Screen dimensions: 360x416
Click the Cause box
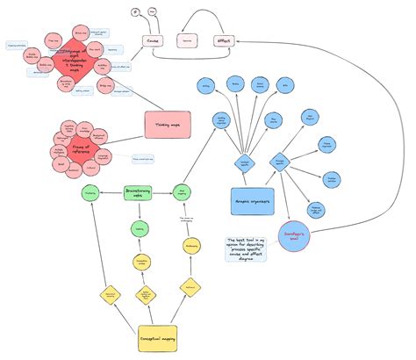(152, 40)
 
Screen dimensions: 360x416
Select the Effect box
(224, 40)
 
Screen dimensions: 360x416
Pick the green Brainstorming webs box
(139, 192)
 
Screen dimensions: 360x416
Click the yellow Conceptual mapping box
(162, 339)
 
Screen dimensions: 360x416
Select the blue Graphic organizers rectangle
(253, 200)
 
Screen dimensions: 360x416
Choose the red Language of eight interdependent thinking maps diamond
(73, 58)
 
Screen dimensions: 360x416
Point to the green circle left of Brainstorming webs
(90, 192)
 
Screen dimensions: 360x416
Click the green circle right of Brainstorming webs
(185, 192)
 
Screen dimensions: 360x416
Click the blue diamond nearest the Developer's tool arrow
(280, 161)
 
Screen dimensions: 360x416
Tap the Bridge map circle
(105, 86)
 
